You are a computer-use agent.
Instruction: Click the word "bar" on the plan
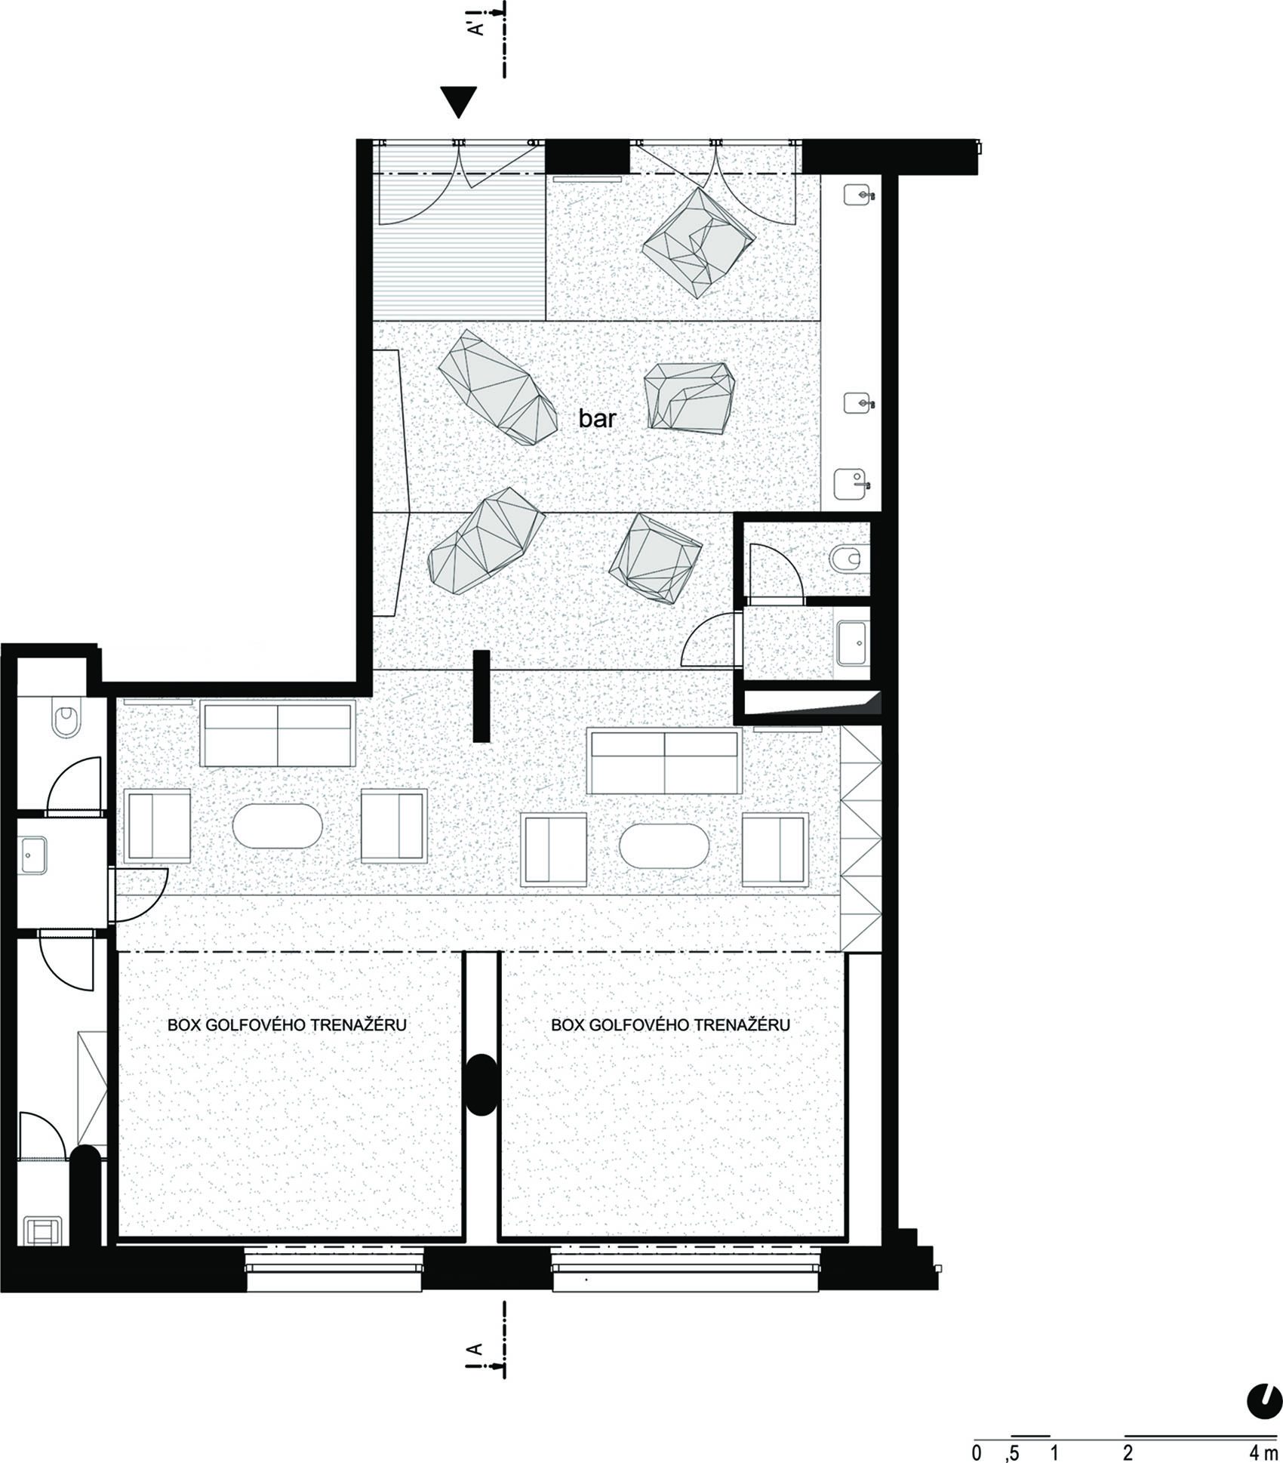(597, 418)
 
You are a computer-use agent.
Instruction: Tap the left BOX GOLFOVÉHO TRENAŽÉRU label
(287, 1024)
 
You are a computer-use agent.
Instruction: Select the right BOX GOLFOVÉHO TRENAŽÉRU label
(670, 1024)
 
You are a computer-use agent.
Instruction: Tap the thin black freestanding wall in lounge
(482, 696)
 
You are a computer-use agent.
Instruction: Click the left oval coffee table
(277, 826)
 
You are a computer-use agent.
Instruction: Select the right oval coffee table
(664, 845)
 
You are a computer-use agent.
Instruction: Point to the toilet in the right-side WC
(845, 559)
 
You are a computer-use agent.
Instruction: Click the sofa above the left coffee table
(278, 734)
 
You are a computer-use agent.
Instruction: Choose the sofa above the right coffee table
(665, 762)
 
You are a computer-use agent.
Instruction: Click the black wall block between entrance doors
(587, 156)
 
